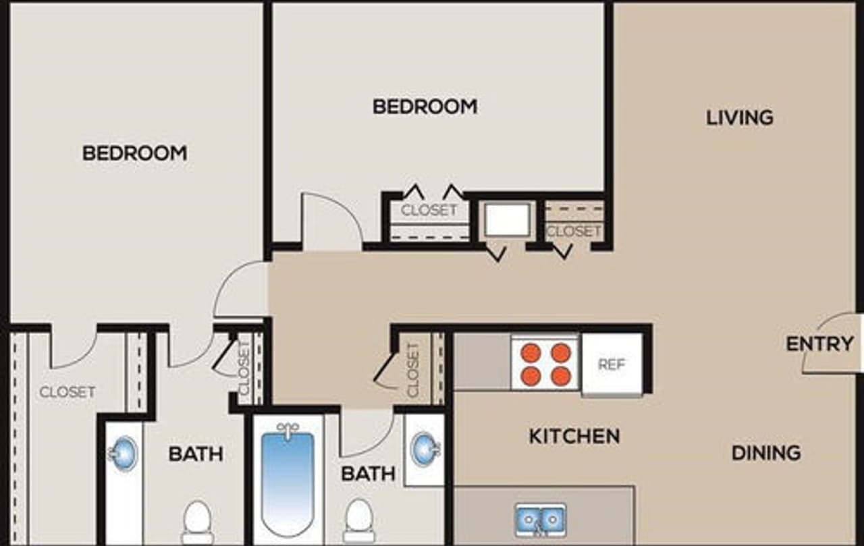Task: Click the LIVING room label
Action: (740, 117)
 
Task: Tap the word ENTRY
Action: (819, 344)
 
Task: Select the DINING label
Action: (766, 452)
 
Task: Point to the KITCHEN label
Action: (574, 436)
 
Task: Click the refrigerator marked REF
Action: (612, 364)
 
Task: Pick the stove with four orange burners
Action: (545, 363)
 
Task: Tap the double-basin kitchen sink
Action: (541, 519)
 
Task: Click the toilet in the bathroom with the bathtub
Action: (358, 520)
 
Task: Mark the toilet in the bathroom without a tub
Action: (198, 522)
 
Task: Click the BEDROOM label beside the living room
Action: (425, 107)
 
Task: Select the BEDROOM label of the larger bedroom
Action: (134, 153)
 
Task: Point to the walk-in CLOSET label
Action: (67, 392)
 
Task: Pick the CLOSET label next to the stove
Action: (413, 370)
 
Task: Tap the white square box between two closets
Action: (507, 220)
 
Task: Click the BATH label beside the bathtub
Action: (368, 473)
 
